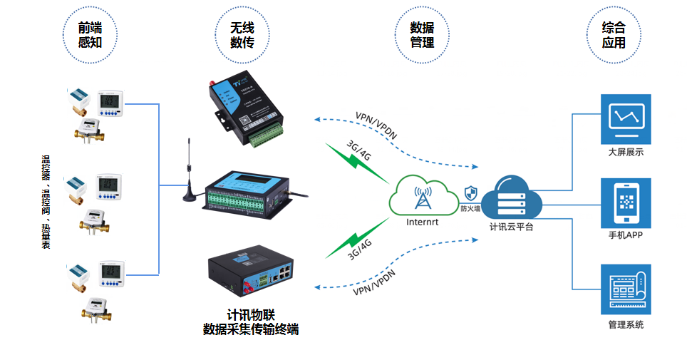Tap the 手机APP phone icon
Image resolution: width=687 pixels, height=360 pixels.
click(626, 203)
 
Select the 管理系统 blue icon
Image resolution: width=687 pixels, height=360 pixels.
click(626, 289)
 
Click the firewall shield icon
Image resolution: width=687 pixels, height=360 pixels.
click(470, 192)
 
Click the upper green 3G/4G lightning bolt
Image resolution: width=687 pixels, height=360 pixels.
click(353, 160)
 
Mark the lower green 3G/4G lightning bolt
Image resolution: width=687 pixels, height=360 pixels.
click(353, 242)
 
